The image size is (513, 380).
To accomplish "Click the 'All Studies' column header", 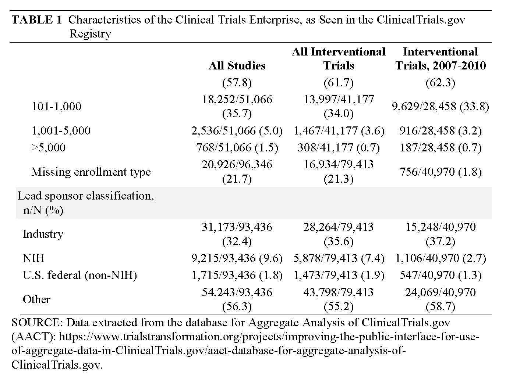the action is point(237,66).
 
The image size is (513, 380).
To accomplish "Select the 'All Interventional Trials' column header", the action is point(339,59).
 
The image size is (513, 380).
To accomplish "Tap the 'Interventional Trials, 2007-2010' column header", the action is point(441,59).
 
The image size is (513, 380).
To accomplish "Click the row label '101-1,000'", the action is point(56,107).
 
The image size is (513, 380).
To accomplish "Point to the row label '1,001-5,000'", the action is point(61,131).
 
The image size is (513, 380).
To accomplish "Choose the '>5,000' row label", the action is point(48,148).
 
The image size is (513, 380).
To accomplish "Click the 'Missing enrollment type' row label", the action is point(91,172).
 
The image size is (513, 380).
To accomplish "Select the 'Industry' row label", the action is point(43,234).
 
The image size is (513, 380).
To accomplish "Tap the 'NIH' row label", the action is point(33,258).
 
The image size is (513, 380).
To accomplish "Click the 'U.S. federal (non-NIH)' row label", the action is point(80,275).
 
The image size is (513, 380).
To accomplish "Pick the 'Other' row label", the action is point(36,300).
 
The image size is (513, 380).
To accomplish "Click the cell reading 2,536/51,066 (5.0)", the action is point(237,131).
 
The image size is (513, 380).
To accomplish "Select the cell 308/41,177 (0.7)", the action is point(339,148).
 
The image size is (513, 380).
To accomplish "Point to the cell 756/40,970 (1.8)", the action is point(441,172).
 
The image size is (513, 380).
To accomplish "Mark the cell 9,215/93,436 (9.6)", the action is point(237,258).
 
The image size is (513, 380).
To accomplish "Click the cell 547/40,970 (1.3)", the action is point(441,275).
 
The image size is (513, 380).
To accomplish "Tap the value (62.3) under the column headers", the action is point(441,83).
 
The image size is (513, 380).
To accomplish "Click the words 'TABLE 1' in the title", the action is point(37,19).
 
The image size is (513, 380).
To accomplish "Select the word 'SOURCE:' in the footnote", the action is point(37,322).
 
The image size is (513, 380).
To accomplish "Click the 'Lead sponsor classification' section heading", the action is point(86,196).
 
